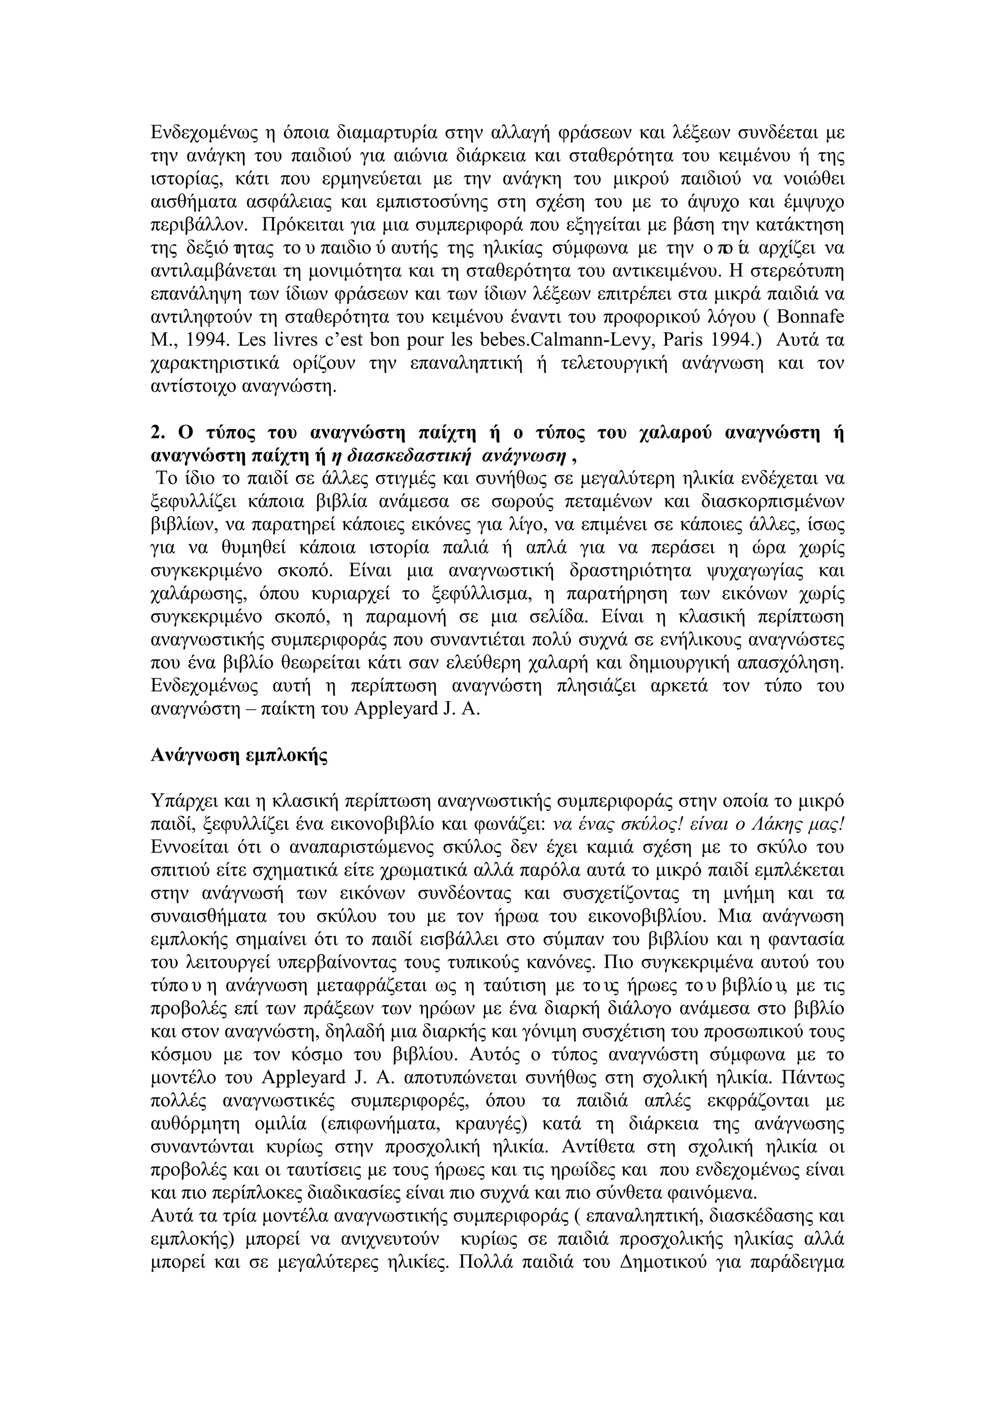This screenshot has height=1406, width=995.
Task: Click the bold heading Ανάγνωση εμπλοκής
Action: pos(239,755)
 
